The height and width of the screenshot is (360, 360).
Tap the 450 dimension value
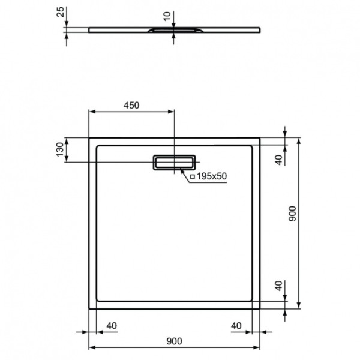131,106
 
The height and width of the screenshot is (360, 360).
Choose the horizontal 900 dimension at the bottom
174,342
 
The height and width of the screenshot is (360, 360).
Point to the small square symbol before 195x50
193,177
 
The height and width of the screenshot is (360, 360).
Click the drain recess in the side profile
173,28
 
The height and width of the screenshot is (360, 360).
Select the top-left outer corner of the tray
89,137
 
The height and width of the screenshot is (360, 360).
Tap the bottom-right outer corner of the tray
260,309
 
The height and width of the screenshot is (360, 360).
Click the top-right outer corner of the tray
260,137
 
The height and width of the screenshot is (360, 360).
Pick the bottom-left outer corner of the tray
89,309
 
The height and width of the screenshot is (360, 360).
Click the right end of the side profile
260,28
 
